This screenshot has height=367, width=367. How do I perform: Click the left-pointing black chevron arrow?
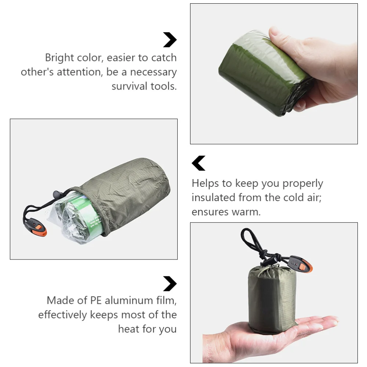coord(199,163)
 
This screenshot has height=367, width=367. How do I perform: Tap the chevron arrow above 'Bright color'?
coord(170,40)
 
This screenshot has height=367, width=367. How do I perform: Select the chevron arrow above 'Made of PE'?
coord(170,284)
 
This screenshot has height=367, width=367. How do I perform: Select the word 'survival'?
coord(130,86)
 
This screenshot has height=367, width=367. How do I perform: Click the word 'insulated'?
coord(213,197)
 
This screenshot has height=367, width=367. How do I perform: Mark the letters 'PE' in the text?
coord(96,300)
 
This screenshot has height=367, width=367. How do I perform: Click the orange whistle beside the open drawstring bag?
coord(37,227)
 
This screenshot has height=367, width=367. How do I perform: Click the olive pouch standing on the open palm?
coord(272,299)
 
